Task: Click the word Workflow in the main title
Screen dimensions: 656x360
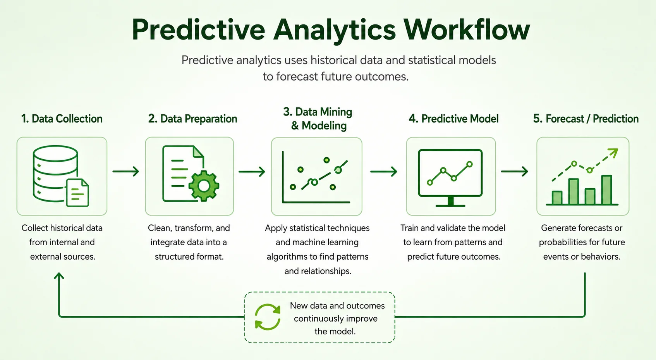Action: point(467,29)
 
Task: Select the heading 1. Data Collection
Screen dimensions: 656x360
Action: point(62,119)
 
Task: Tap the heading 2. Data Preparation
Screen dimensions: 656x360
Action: point(193,119)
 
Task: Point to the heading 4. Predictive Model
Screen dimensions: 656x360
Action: point(453,119)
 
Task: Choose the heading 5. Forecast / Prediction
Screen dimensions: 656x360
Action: point(586,119)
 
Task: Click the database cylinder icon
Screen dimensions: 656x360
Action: point(55,174)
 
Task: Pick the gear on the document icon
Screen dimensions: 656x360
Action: point(204,186)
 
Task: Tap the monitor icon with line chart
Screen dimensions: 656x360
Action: point(450,177)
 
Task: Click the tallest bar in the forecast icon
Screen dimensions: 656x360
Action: point(606,189)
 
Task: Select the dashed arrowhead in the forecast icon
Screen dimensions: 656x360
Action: point(613,153)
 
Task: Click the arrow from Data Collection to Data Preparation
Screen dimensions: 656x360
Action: point(125,171)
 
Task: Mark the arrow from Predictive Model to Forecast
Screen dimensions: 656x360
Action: point(515,171)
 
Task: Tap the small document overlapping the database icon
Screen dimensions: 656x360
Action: point(77,193)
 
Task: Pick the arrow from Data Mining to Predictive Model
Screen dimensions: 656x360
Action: point(384,171)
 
